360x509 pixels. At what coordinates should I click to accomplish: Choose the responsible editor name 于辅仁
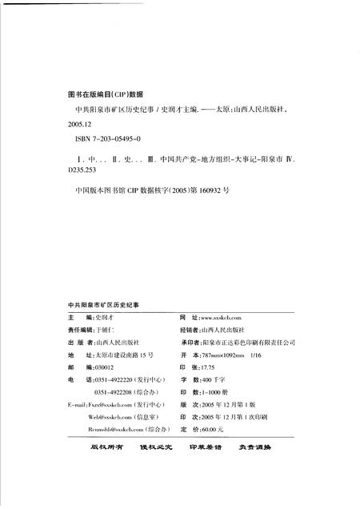pyautogui.click(x=100, y=330)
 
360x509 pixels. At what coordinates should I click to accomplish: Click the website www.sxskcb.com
pyautogui.click(x=226, y=318)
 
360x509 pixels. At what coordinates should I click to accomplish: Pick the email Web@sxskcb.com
pyautogui.click(x=107, y=418)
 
